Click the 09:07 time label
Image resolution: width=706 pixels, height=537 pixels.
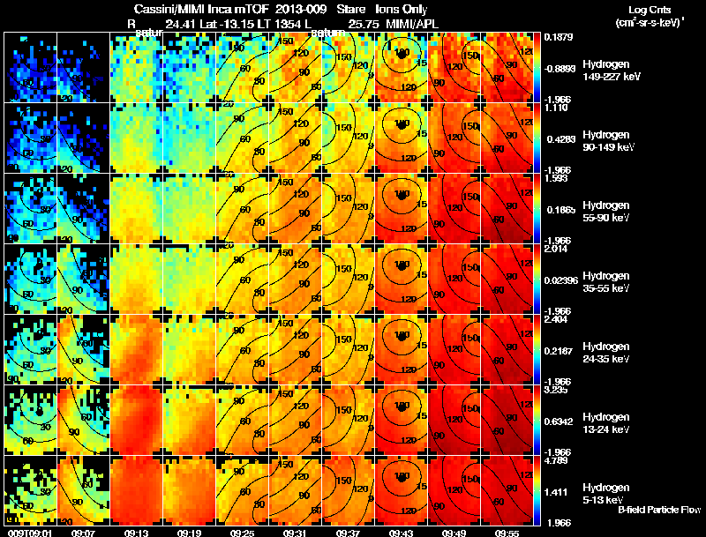click(x=83, y=532)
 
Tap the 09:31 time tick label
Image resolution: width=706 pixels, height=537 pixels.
click(x=295, y=532)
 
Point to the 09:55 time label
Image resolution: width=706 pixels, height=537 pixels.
click(x=507, y=532)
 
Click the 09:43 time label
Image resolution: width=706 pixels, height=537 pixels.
click(x=401, y=532)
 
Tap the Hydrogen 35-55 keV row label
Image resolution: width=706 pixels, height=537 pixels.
click(x=607, y=281)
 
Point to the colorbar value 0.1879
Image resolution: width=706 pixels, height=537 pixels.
click(x=558, y=37)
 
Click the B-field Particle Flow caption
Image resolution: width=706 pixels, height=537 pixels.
click(x=657, y=510)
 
